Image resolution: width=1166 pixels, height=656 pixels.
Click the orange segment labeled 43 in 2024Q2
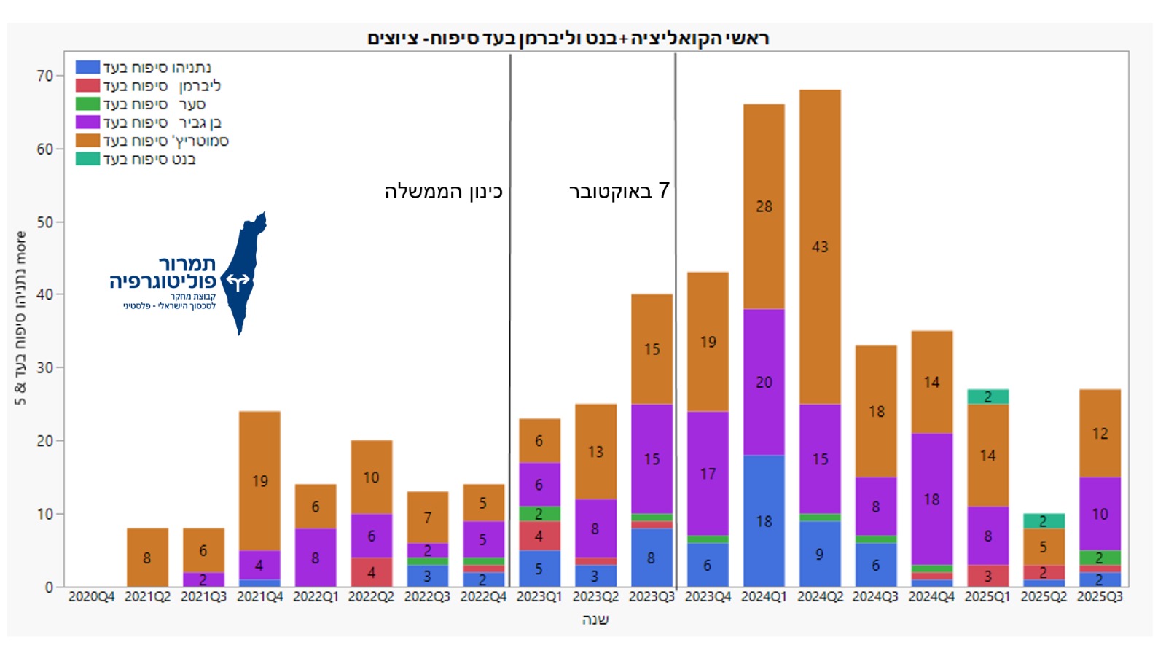pyautogui.click(x=820, y=246)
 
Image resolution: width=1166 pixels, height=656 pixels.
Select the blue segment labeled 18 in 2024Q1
pyautogui.click(x=764, y=520)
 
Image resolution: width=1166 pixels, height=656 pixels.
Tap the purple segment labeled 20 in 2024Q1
pyautogui.click(x=764, y=382)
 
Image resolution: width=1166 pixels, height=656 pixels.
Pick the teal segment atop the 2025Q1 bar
pyautogui.click(x=987, y=397)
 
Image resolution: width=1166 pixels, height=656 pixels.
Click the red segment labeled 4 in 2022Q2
pyautogui.click(x=372, y=572)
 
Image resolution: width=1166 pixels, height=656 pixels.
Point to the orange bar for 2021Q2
pyautogui.click(x=147, y=558)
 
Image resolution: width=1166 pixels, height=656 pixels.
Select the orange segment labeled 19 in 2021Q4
pyautogui.click(x=259, y=481)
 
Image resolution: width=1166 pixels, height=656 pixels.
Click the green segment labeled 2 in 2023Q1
pyautogui.click(x=539, y=514)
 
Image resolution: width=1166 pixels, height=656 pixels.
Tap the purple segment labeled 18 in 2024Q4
pyautogui.click(x=931, y=499)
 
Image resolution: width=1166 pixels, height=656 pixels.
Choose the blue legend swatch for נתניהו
pyautogui.click(x=87, y=67)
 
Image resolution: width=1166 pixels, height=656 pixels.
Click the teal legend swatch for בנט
pyautogui.click(x=87, y=159)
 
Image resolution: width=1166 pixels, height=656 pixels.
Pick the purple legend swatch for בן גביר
pyautogui.click(x=87, y=122)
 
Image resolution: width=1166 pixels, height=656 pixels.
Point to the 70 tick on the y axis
pyautogui.click(x=45, y=76)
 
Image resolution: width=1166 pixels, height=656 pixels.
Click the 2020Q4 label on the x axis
pyautogui.click(x=92, y=597)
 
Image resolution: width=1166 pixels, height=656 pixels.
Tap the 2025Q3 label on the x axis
pyautogui.click(x=1100, y=597)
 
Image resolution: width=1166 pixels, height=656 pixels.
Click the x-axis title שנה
pyautogui.click(x=595, y=620)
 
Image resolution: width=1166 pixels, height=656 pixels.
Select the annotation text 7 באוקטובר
pyautogui.click(x=619, y=191)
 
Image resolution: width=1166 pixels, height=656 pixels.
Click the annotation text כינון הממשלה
pyautogui.click(x=444, y=192)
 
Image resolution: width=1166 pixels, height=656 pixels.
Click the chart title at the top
pyautogui.click(x=568, y=38)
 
